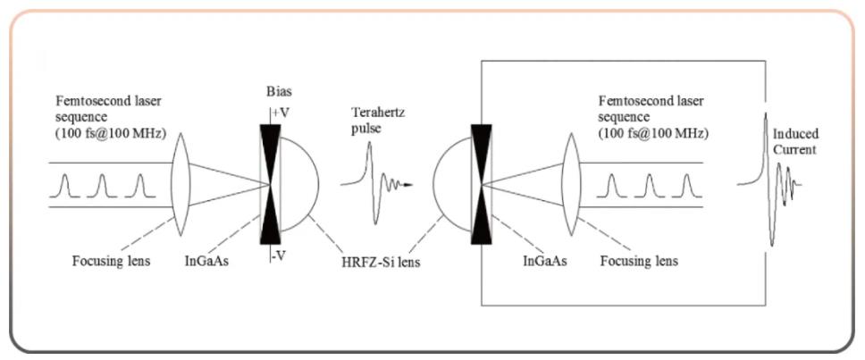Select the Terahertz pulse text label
click(x=368, y=121)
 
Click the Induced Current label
click(x=795, y=142)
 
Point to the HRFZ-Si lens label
click(x=381, y=263)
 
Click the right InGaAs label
click(x=544, y=261)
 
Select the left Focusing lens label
click(x=111, y=261)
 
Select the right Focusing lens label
click(x=638, y=261)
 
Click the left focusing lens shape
click(x=181, y=184)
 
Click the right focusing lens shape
click(x=571, y=184)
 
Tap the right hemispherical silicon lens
click(x=452, y=184)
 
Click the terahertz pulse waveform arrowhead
click(x=407, y=185)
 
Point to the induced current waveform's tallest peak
click(x=766, y=114)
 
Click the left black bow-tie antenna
click(x=270, y=184)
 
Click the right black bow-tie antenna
click(x=481, y=184)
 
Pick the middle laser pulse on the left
click(x=102, y=186)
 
